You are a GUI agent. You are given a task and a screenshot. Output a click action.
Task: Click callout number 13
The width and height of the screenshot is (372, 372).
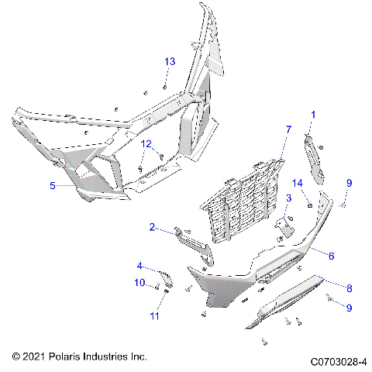[170, 61]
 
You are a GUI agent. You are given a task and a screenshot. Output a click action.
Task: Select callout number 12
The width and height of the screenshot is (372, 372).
[146, 144]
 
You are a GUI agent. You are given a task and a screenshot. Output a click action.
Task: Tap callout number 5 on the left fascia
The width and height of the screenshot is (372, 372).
[53, 186]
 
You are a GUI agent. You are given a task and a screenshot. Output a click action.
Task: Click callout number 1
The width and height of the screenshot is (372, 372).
[313, 115]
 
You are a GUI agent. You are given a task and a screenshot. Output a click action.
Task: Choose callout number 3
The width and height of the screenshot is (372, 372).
[288, 199]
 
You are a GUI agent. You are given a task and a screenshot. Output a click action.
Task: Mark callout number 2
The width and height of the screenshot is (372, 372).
[153, 227]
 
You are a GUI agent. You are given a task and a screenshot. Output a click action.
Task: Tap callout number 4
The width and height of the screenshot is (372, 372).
[139, 267]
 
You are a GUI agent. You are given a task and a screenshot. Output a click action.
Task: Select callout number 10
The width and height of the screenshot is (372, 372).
[140, 283]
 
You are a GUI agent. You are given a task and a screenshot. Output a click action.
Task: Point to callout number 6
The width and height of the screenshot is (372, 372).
[330, 255]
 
